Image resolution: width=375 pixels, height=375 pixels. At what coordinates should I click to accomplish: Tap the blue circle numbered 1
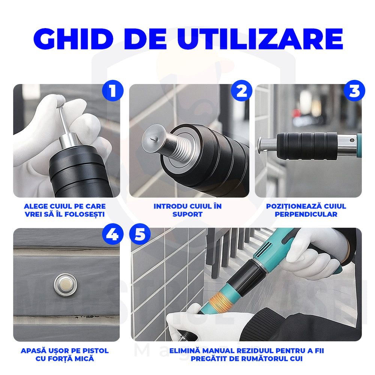click(x=112, y=91)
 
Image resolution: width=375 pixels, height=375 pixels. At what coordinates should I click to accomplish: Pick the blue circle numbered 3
click(x=354, y=91)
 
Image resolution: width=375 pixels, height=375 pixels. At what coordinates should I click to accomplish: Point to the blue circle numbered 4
click(x=112, y=235)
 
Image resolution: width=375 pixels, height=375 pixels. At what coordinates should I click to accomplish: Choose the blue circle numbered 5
click(x=139, y=235)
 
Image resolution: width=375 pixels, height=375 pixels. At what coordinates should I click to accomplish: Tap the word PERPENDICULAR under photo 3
click(x=306, y=214)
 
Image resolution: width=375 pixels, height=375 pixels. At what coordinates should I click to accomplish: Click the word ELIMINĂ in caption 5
click(x=184, y=351)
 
